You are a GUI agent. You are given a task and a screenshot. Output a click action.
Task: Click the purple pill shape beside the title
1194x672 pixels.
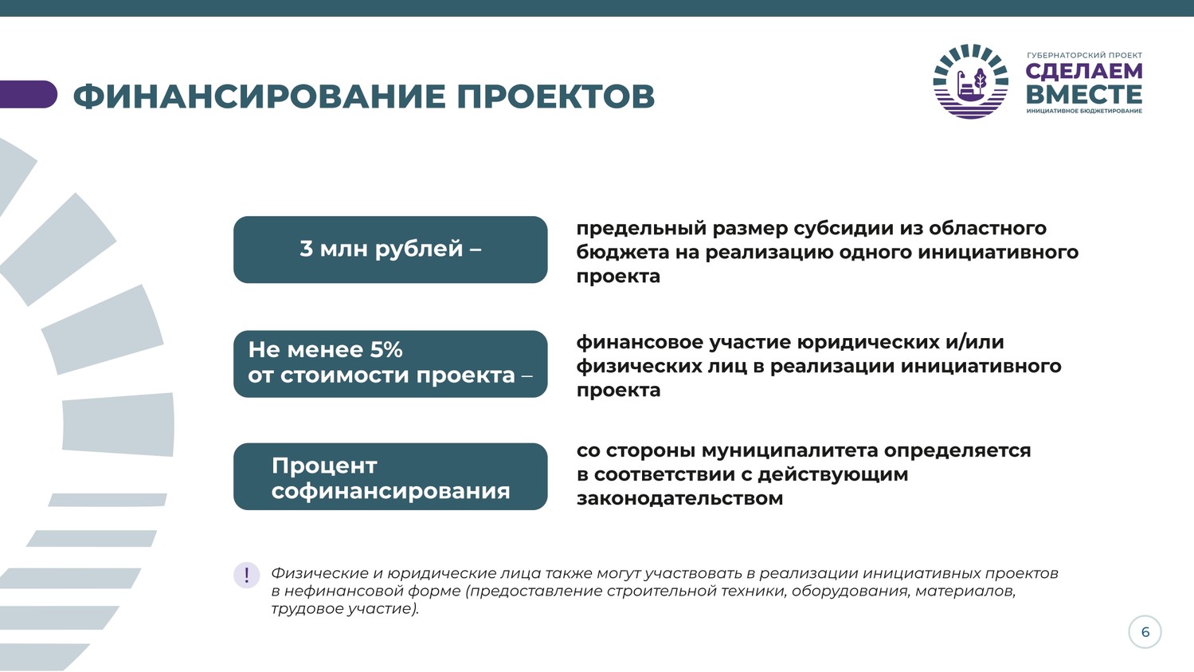click(28, 94)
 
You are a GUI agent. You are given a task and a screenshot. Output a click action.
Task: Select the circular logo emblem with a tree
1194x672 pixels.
click(971, 81)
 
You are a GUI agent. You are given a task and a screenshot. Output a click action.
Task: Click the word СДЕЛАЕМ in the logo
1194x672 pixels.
click(1083, 71)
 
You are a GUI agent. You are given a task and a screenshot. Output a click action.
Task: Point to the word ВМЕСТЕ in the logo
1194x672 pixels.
click(1083, 94)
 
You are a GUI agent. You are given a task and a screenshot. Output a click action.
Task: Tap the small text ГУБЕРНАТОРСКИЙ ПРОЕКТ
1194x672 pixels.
click(1084, 55)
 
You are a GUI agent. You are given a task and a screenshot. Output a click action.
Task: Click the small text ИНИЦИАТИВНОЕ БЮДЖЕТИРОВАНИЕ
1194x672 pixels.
click(1084, 111)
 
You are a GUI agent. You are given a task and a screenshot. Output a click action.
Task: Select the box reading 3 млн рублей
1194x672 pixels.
click(390, 249)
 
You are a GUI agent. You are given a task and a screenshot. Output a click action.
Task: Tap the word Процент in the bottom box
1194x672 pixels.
click(324, 466)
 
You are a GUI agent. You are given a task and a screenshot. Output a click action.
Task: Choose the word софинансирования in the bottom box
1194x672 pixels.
click(391, 491)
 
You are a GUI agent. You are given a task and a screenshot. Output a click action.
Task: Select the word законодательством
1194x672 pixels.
click(680, 498)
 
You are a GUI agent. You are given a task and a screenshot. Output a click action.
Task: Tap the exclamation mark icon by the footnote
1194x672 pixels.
click(246, 576)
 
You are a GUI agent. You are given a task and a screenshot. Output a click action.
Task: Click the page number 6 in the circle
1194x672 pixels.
click(1145, 632)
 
